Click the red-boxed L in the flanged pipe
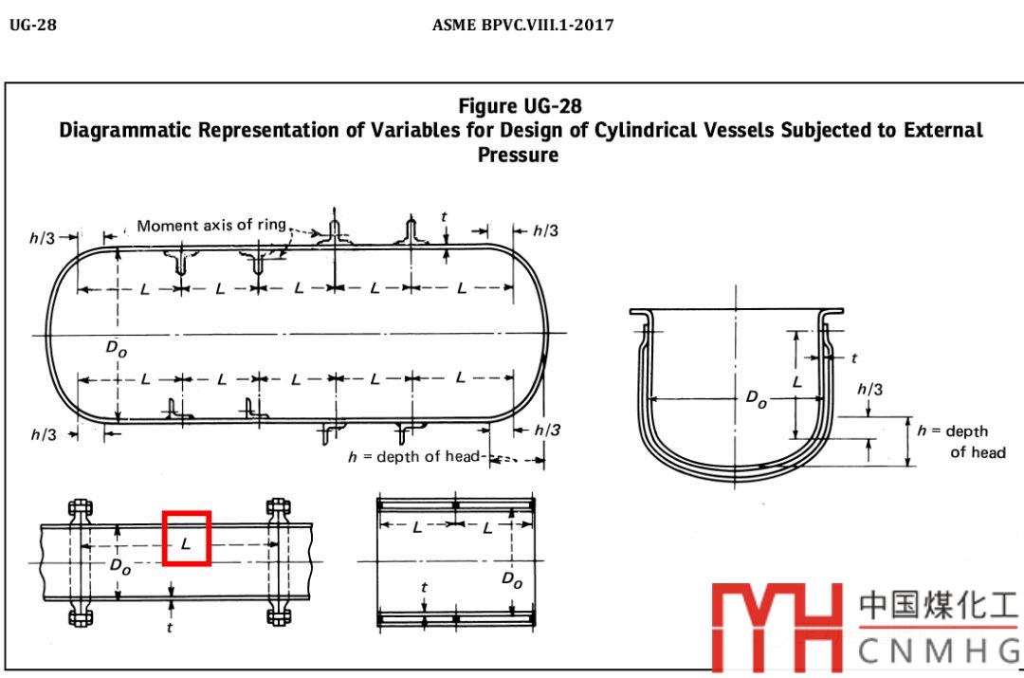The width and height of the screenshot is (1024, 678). point(186,542)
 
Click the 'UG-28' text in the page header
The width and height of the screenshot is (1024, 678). point(32,25)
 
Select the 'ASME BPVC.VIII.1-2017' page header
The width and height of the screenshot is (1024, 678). point(522,25)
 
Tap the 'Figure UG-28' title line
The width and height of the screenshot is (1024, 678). point(520,106)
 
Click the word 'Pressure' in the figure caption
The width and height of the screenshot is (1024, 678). point(518,155)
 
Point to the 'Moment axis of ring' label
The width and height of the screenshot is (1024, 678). point(211,226)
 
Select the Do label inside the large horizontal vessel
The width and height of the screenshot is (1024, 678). point(117,348)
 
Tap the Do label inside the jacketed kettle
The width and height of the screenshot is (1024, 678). point(757,398)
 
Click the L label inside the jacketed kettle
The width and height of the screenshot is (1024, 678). point(796,381)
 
